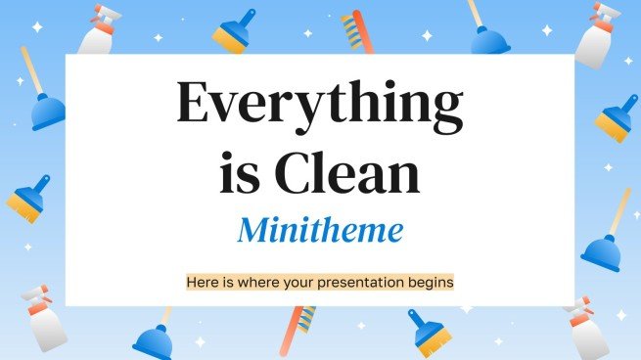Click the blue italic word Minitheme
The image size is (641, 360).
point(319,232)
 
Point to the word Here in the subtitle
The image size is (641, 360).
point(202,282)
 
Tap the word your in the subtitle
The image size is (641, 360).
point(292,282)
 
